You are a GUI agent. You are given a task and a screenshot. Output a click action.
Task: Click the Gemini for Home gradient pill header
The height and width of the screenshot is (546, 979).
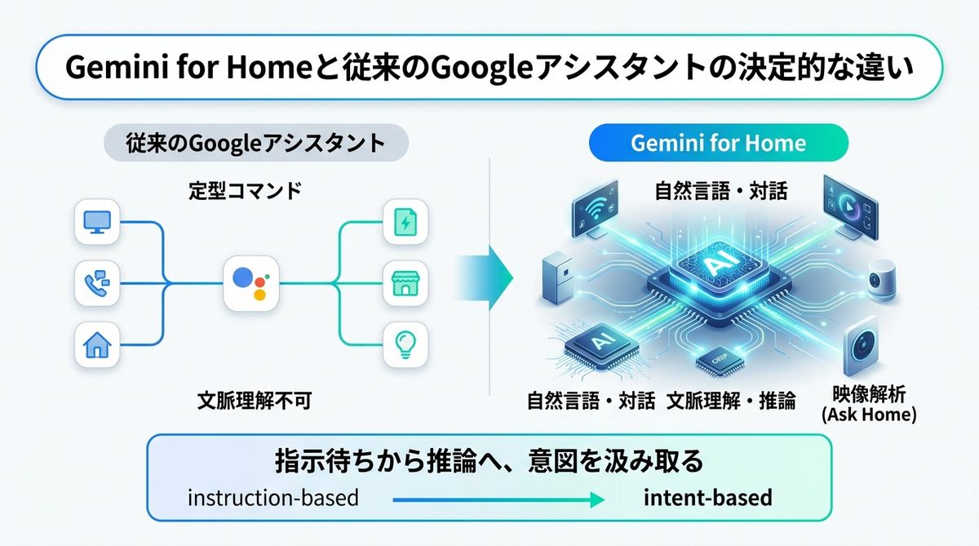[x=718, y=144]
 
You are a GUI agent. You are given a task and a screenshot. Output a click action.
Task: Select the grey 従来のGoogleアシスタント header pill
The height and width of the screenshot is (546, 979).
[x=255, y=144]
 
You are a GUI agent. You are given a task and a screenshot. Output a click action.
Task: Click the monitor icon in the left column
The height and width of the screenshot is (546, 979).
[x=97, y=221]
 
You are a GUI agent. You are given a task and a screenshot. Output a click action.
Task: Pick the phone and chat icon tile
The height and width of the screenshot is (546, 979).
[x=97, y=284]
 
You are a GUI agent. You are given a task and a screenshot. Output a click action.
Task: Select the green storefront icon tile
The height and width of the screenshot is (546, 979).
[x=405, y=284]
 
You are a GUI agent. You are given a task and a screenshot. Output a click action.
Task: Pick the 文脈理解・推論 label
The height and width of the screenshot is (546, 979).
[x=731, y=401]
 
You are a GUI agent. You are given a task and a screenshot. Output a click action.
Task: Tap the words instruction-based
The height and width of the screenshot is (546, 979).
[x=272, y=497]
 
